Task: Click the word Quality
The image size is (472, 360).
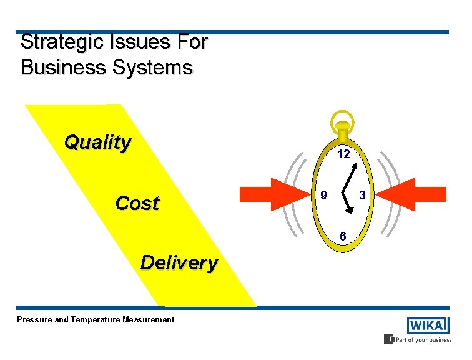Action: coord(98,142)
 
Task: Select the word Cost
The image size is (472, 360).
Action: coord(137,203)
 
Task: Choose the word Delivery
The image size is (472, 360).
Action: coord(179,262)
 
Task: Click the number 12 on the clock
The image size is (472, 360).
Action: coord(343,154)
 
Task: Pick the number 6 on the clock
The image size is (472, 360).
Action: coord(343,236)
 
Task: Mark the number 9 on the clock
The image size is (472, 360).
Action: coord(323,195)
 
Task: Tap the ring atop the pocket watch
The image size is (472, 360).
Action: coord(342,120)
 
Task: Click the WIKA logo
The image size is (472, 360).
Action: coord(428,326)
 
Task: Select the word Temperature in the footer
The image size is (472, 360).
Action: coord(97,320)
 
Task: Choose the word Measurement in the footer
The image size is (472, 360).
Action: coord(150,320)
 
